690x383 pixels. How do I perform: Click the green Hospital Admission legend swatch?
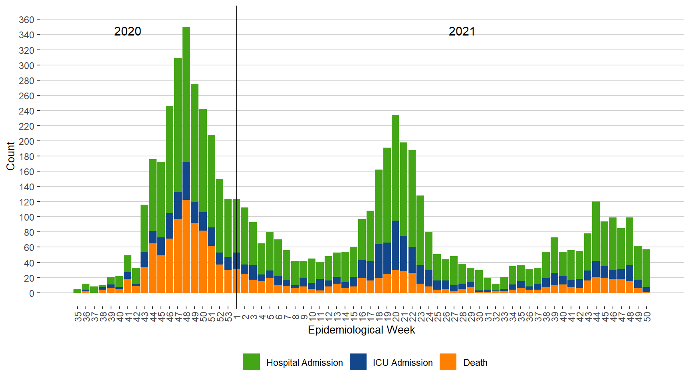tap(251, 362)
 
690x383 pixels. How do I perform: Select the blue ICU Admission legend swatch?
tap(358, 362)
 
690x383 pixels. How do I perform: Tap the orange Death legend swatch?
tap(448, 362)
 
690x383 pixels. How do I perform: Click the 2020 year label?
tap(127, 32)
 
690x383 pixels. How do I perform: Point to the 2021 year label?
tap(462, 32)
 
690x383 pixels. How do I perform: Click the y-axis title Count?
tap(10, 156)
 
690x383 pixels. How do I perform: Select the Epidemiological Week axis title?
tap(361, 330)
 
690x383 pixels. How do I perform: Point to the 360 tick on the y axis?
tap(26, 20)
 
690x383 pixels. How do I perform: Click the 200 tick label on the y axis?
tap(26, 141)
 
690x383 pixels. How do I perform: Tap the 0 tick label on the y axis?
tap(32, 293)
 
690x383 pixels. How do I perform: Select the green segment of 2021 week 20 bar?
tap(395, 168)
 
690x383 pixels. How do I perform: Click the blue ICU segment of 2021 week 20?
tap(395, 245)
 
